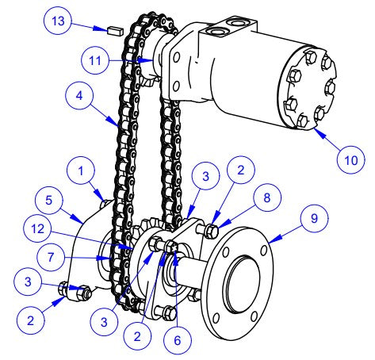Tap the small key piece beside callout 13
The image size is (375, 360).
coord(113,31)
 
